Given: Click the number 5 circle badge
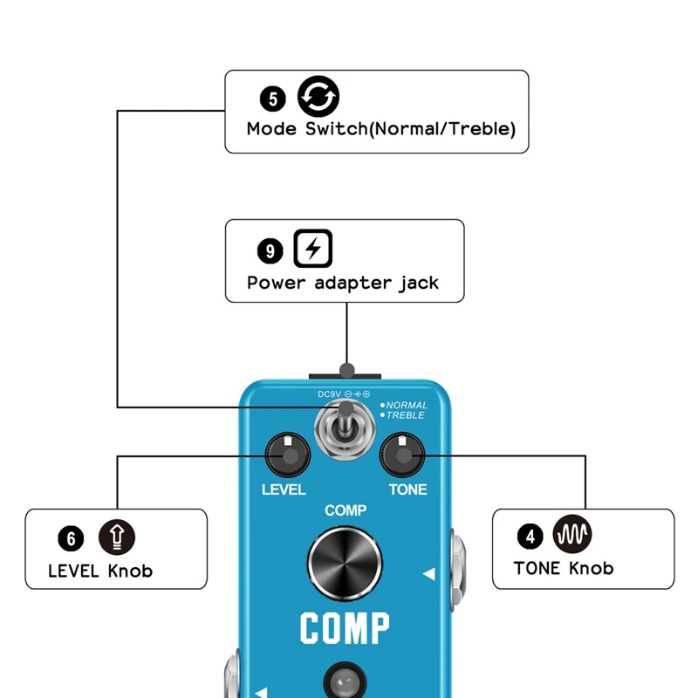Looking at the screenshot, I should click(272, 99).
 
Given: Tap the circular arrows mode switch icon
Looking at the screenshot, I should click(318, 96).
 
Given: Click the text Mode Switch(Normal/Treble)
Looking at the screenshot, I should click(381, 129).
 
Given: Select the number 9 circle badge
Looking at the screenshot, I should click(270, 251).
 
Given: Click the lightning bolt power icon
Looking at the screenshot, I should click(312, 249).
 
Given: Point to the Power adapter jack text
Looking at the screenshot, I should click(343, 283).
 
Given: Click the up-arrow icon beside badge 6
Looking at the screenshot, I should click(117, 536).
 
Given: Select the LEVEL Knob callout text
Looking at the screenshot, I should click(100, 571).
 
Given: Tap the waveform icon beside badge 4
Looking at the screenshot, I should click(573, 533).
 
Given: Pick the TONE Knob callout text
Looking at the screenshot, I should click(564, 569).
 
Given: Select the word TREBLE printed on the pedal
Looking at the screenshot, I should click(405, 415).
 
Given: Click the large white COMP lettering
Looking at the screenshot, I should click(345, 628).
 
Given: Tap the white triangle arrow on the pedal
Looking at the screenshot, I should click(428, 574).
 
